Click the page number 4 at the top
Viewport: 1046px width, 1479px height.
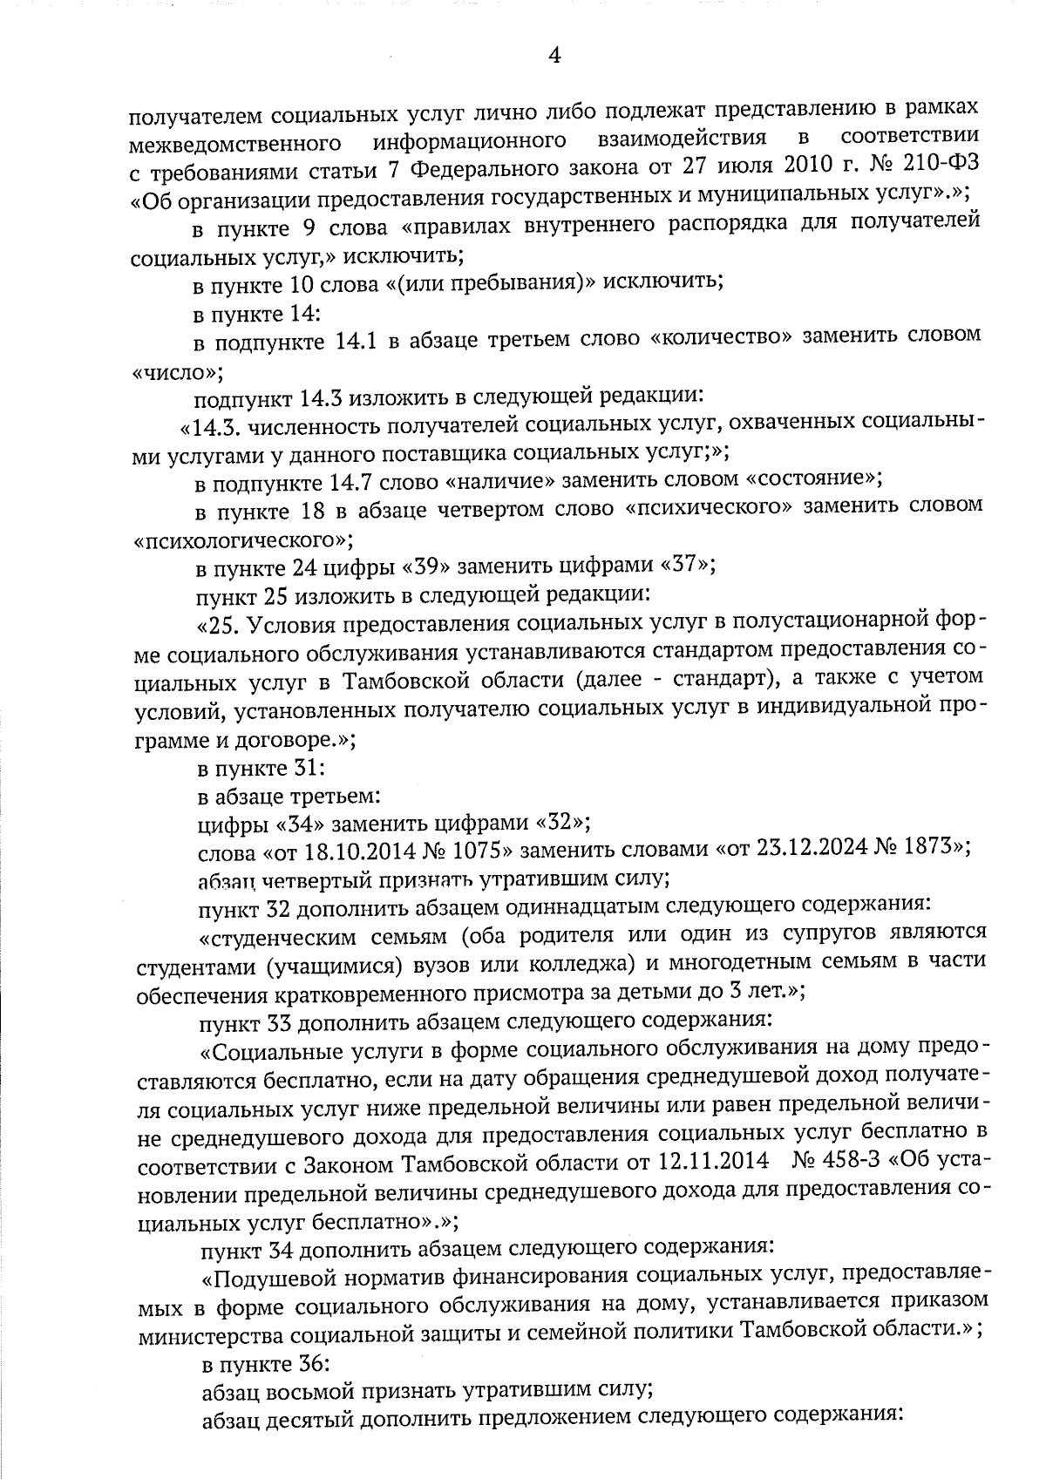point(553,56)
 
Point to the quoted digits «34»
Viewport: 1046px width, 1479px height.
point(301,822)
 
